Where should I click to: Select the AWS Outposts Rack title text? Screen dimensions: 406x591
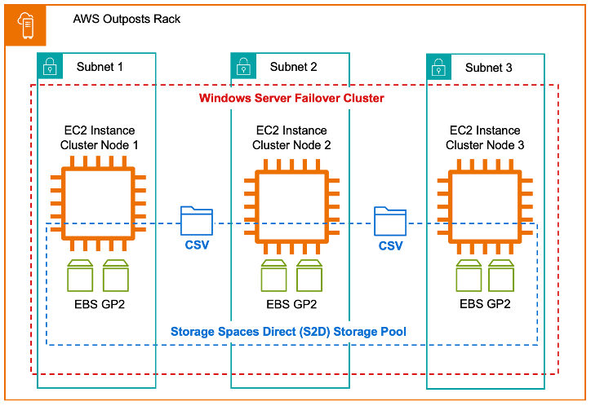click(127, 19)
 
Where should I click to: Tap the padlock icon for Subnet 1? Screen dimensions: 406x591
click(50, 65)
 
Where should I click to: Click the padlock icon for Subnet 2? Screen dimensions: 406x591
click(243, 65)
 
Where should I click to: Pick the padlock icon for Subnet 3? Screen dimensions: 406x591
click(438, 66)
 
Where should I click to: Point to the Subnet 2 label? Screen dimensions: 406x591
click(293, 67)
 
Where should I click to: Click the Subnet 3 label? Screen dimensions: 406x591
click(488, 68)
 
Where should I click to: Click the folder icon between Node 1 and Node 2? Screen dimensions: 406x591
click(196, 221)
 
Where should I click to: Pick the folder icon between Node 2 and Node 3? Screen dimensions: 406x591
click(390, 221)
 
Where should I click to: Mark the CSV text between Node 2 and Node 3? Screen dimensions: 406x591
click(390, 245)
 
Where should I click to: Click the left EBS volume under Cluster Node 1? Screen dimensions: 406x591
click(79, 276)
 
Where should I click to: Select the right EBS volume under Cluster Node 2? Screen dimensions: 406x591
click(310, 276)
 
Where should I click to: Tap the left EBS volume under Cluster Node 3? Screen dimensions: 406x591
click(469, 276)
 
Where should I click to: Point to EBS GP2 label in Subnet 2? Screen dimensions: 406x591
click(292, 304)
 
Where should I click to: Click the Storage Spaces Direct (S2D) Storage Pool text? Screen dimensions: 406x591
click(289, 332)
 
